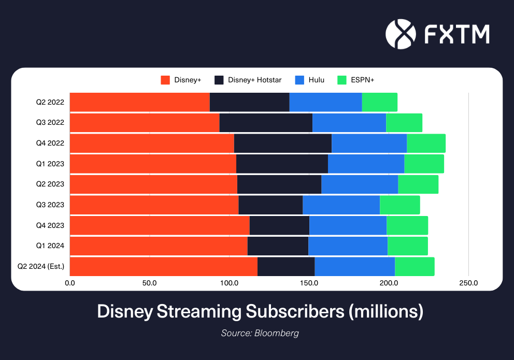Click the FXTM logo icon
pyautogui.click(x=401, y=34)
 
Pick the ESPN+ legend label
pyautogui.click(x=363, y=80)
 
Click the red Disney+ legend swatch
pyautogui.click(x=165, y=80)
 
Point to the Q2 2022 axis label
pyautogui.click(x=50, y=102)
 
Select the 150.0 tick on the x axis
pyautogui.click(x=309, y=283)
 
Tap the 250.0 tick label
pyautogui.click(x=468, y=283)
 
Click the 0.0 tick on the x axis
pyautogui.click(x=70, y=283)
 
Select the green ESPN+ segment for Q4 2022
pyautogui.click(x=426, y=143)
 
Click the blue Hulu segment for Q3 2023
pyautogui.click(x=341, y=205)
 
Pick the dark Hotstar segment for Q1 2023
pyautogui.click(x=282, y=164)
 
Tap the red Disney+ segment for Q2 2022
pyautogui.click(x=139, y=102)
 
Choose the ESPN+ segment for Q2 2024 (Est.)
pyautogui.click(x=415, y=267)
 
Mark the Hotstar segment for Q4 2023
pyautogui.click(x=279, y=226)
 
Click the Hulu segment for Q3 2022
pyautogui.click(x=349, y=123)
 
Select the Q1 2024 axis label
pyautogui.click(x=50, y=247)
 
